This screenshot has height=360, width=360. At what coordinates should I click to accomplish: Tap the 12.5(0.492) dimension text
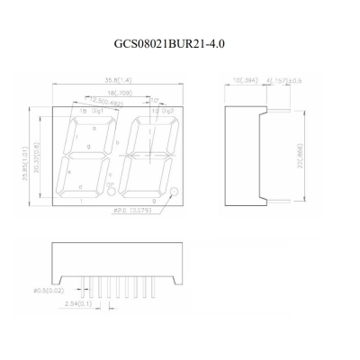(108, 101)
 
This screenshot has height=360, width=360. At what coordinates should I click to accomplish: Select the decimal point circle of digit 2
(175, 192)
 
